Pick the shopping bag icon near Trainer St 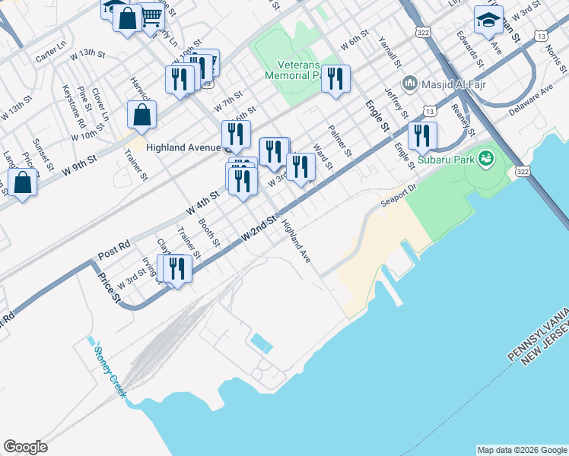click(142, 116)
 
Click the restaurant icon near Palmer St click(335, 78)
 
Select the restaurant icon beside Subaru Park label click(422, 136)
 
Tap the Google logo click(25, 447)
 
